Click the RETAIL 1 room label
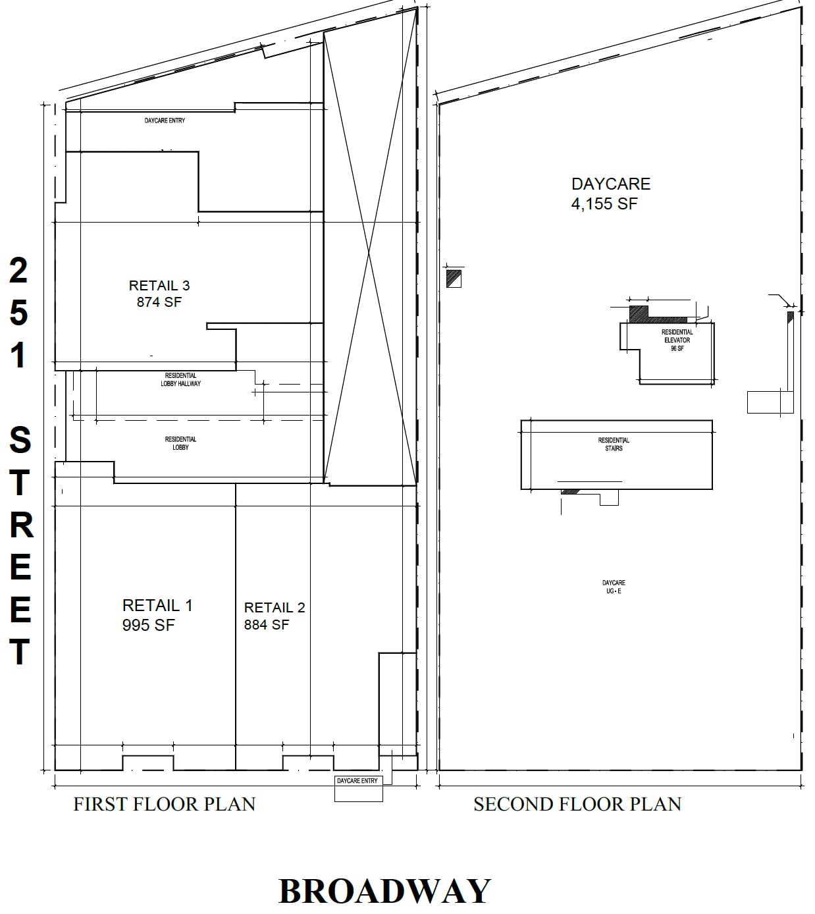coord(157,605)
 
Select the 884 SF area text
coord(266,625)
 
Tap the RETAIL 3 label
coord(159,286)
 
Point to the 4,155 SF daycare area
coord(604,204)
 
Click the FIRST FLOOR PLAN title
coord(164,804)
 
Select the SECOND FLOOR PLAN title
coord(577,804)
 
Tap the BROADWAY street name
coord(384,891)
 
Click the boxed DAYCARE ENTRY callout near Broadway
coord(357,781)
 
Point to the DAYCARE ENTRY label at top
coord(165,121)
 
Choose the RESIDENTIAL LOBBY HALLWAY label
coord(180,379)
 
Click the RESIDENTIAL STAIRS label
coord(614,444)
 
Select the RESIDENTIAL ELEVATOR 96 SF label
coord(677,340)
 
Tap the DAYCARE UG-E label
coord(614,587)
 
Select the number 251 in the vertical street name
coord(18,313)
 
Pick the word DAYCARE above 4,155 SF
coord(610,184)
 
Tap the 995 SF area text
coord(148,625)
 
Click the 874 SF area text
coord(159,302)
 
